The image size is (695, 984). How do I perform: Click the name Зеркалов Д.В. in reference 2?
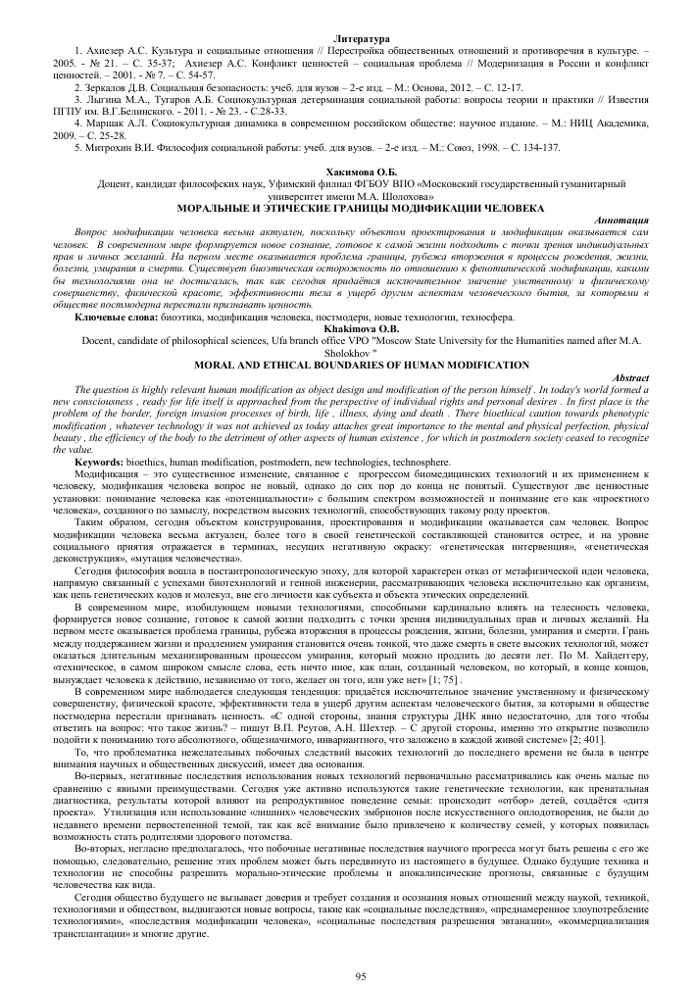click(122, 86)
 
